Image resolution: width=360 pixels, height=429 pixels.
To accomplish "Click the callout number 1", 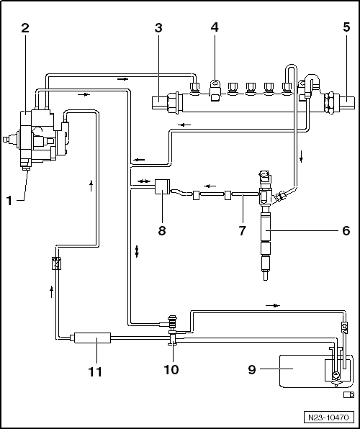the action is click(9, 201).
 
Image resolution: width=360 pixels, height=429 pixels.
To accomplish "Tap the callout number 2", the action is click(25, 27).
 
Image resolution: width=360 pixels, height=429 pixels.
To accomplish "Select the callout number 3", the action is click(158, 27).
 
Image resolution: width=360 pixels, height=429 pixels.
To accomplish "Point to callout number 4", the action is click(215, 27).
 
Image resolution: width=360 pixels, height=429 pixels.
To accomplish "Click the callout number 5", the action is click(346, 27).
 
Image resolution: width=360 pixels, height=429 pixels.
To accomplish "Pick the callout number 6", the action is click(346, 230).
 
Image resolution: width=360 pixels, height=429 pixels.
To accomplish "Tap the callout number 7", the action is click(242, 230).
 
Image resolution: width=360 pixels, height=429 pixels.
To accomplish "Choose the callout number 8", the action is click(162, 230).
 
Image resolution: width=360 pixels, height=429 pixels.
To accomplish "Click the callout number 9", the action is click(252, 370).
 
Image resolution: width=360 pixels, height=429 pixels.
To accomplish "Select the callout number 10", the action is click(171, 370).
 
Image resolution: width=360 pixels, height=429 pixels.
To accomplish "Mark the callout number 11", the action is click(95, 372).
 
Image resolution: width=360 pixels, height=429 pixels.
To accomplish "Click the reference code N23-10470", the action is click(328, 417).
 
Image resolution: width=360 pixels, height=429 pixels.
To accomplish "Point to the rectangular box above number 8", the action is click(162, 186).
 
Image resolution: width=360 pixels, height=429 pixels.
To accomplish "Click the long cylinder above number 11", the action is click(92, 338).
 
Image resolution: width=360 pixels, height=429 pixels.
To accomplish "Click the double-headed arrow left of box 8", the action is click(144, 181).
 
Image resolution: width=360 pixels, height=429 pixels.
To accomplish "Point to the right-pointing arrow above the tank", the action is click(273, 305).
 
